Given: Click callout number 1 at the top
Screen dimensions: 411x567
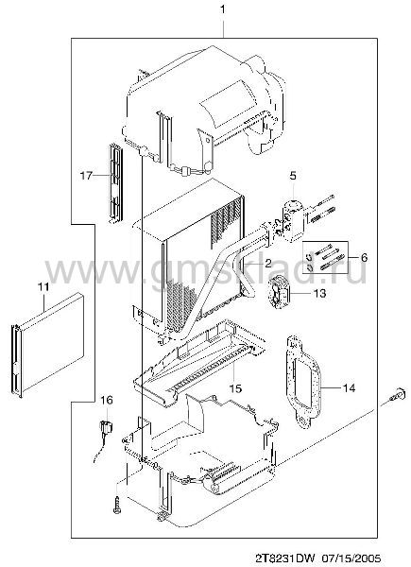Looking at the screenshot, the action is [x=223, y=9].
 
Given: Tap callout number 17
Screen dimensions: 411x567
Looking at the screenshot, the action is [x=86, y=176].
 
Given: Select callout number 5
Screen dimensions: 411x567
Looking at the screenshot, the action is [x=293, y=176].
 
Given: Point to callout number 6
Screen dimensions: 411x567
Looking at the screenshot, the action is [x=364, y=257].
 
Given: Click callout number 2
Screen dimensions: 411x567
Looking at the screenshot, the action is [x=267, y=263].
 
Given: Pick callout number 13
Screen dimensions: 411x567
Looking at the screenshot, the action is [x=319, y=293].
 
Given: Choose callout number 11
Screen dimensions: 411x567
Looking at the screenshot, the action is [x=43, y=287].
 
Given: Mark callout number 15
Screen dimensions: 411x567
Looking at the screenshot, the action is [x=235, y=388].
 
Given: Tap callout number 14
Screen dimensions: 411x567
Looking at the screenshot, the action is [x=350, y=388].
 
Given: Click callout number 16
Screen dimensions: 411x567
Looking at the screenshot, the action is [x=107, y=401].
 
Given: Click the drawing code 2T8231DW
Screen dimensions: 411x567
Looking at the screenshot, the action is [x=285, y=558].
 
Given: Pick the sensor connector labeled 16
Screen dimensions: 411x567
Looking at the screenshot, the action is [x=106, y=427].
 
